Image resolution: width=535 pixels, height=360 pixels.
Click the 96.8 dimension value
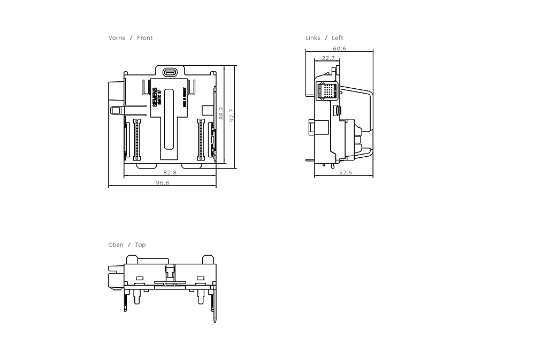tap(163, 183)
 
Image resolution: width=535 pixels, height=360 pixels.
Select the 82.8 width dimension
tap(170, 173)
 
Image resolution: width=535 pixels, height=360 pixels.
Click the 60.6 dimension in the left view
tap(339, 48)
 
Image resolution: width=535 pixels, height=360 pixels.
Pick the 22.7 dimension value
tap(328, 58)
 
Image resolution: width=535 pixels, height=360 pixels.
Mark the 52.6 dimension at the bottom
tap(346, 173)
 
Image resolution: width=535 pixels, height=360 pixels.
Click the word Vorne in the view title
tap(117, 38)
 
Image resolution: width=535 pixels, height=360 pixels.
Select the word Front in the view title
tap(144, 38)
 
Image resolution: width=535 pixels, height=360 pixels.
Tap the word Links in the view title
tap(313, 38)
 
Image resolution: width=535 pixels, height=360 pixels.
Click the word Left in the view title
tap(338, 38)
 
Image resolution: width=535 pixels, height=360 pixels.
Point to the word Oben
tap(116, 245)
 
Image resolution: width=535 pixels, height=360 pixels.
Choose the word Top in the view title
tap(140, 245)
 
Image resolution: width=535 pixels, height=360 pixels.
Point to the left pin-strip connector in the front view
tap(136, 139)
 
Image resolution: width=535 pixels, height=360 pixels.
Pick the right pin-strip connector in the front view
tap(201, 139)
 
